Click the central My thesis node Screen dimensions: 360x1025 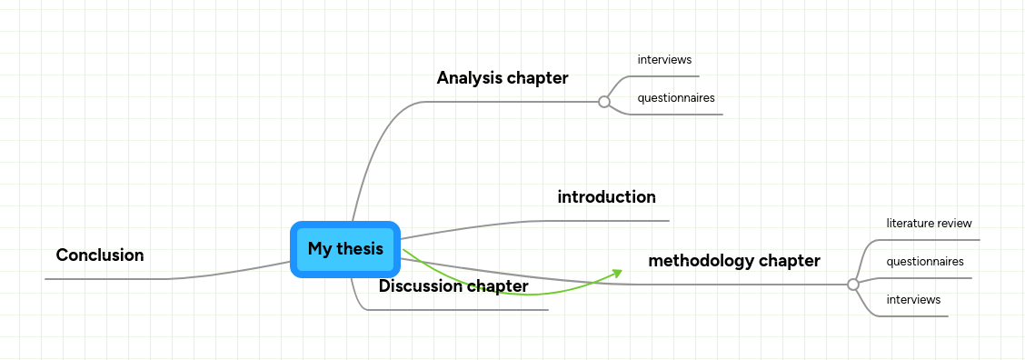click(345, 249)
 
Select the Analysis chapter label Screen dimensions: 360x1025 click(503, 78)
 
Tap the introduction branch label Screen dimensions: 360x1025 click(606, 197)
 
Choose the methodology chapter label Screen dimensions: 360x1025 click(734, 261)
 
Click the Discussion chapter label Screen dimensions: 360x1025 click(453, 286)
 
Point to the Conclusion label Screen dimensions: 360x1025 click(100, 255)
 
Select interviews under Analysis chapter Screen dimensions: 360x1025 click(665, 60)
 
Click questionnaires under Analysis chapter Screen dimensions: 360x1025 click(676, 98)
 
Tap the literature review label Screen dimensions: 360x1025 click(929, 223)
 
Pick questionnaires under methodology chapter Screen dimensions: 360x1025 click(925, 262)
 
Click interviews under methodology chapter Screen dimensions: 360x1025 click(913, 300)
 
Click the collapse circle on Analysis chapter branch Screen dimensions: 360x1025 click(604, 102)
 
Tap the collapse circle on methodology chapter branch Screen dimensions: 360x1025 click(852, 285)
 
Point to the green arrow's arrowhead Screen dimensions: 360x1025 click(618, 272)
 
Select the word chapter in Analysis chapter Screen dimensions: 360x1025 click(538, 78)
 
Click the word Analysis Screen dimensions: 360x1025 click(469, 78)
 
